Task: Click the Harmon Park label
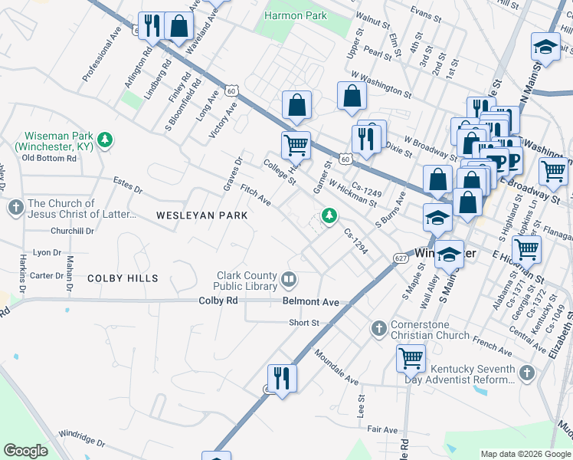pos(296,15)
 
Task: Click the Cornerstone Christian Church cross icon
pos(378,329)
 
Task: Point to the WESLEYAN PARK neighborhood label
pos(202,215)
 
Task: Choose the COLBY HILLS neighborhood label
pos(123,278)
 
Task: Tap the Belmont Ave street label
pos(311,302)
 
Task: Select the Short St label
pos(304,323)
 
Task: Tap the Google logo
pos(25,451)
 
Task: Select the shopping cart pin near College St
pos(296,143)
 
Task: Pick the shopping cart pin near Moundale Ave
pos(411,356)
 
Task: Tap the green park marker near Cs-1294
pos(329,216)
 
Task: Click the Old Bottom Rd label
pos(49,158)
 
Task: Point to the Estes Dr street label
pos(127,186)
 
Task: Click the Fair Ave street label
pos(382,430)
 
